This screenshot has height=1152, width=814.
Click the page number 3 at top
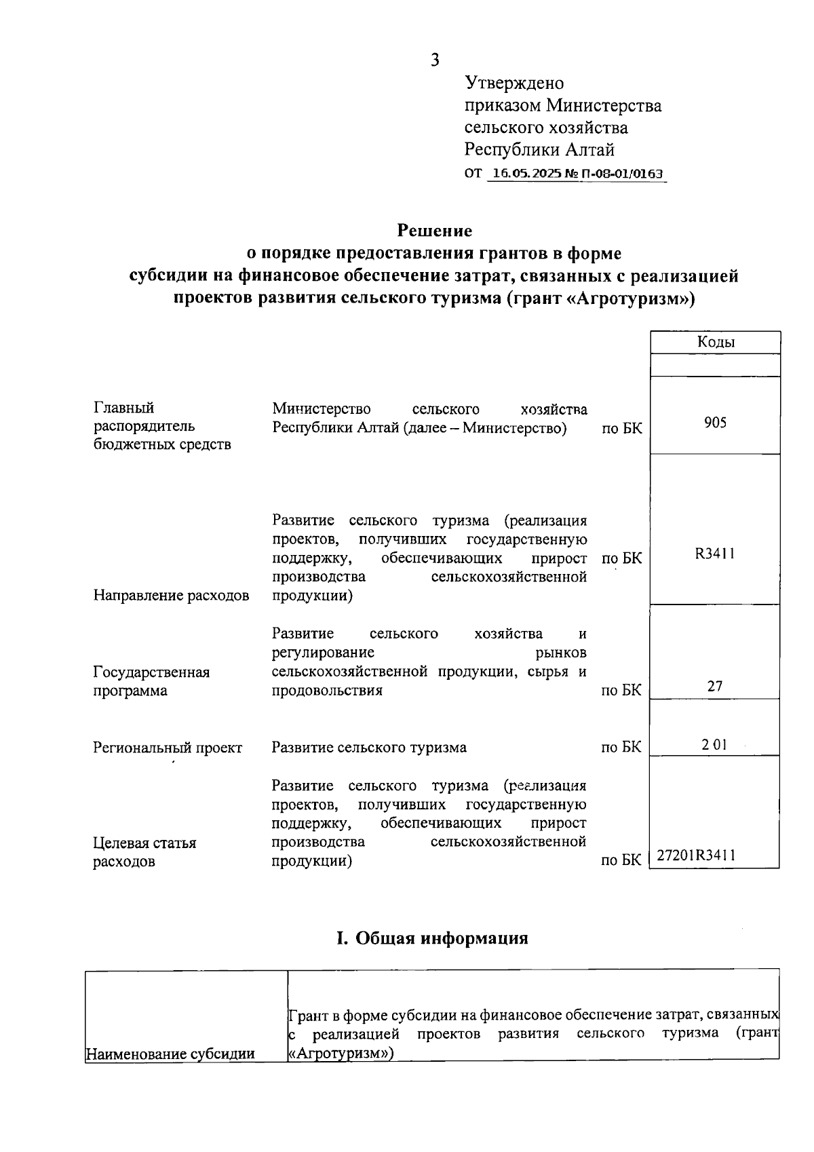pyautogui.click(x=435, y=60)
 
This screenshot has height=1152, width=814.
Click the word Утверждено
pyautogui.click(x=514, y=83)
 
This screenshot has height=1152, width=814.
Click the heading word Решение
pyautogui.click(x=434, y=231)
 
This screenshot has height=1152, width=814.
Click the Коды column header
pyautogui.click(x=716, y=342)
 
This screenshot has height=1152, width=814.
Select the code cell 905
pyautogui.click(x=715, y=423)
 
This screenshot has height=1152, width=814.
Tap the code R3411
pyautogui.click(x=715, y=554)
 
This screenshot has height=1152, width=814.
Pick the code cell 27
pyautogui.click(x=715, y=686)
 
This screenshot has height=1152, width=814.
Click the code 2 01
pyautogui.click(x=714, y=744)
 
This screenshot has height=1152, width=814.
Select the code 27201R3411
pyautogui.click(x=696, y=856)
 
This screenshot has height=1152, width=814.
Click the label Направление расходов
pyautogui.click(x=171, y=596)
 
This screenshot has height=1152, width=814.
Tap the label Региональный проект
pyautogui.click(x=168, y=748)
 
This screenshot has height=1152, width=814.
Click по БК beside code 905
pyautogui.click(x=621, y=429)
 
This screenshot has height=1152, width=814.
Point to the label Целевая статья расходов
pyautogui.click(x=144, y=852)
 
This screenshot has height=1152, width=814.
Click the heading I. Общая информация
pyautogui.click(x=432, y=938)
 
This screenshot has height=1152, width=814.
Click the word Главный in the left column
pyautogui.click(x=123, y=408)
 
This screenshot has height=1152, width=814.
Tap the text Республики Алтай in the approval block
pyautogui.click(x=539, y=149)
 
